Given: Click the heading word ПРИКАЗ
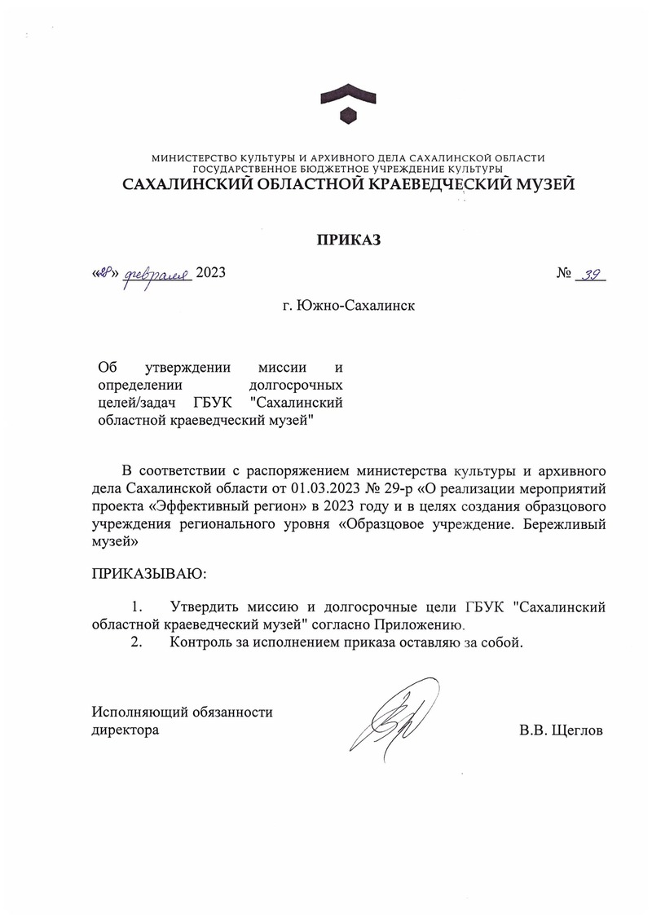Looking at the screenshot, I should pos(348,240).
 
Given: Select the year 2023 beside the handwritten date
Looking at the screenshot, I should pos(210,273).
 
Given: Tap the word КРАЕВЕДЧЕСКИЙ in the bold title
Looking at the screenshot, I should pos(433,184).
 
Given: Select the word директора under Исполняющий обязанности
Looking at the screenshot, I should pos(126,730).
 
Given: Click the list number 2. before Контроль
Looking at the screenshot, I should pos(136,642).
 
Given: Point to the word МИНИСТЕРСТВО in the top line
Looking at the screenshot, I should pos(194,157).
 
